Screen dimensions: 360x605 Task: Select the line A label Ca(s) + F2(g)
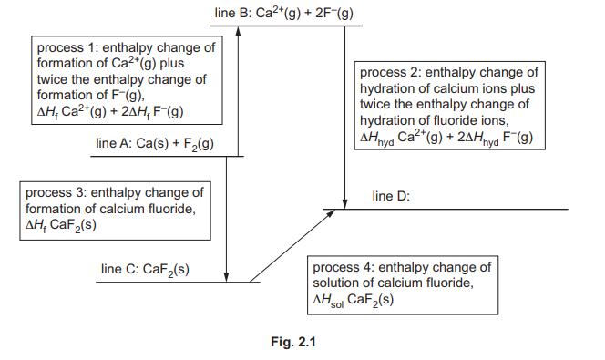pyautogui.click(x=155, y=144)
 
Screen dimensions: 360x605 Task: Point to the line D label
pyautogui.click(x=395, y=196)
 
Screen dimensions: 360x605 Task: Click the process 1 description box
pyautogui.click(x=128, y=80)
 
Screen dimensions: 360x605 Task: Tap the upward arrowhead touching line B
pyautogui.click(x=239, y=31)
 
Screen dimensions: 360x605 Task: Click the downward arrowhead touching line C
pyautogui.click(x=225, y=275)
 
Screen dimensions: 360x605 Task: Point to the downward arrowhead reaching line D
pyautogui.click(x=347, y=202)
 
